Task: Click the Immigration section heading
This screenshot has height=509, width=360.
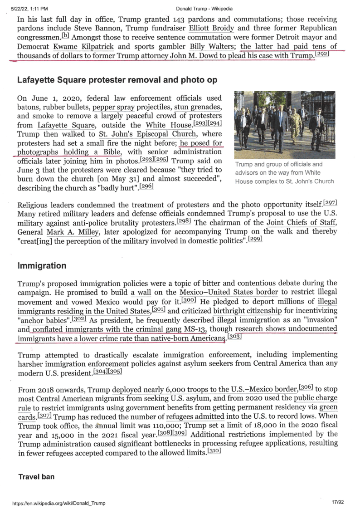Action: coord(42,265)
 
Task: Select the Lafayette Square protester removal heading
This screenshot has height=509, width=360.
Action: coord(117,80)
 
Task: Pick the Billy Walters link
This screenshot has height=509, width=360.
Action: coord(214,47)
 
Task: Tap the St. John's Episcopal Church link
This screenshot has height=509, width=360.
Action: coord(148,134)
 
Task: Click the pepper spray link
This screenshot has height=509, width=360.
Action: coord(112,108)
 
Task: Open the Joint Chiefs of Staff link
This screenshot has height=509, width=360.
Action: coord(301,222)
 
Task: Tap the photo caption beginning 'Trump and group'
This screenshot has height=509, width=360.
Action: coord(284,173)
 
